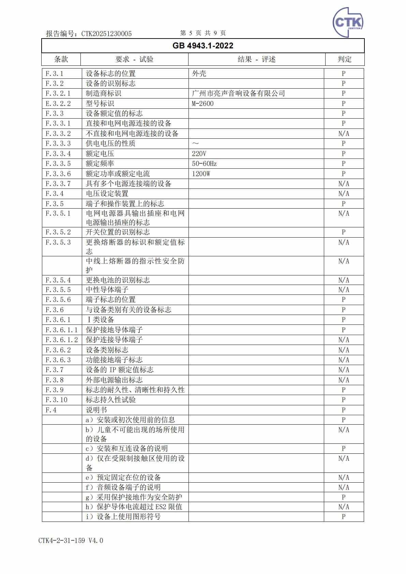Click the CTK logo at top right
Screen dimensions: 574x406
[347, 22]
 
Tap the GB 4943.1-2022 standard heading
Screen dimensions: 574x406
[203, 46]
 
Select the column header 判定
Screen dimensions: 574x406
[344, 59]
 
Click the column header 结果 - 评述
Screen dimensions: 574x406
[256, 59]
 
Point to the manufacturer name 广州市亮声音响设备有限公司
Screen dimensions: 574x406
[238, 93]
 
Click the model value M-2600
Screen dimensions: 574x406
[203, 103]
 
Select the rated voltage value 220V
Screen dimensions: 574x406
[199, 154]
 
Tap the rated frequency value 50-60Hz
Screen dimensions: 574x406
[204, 164]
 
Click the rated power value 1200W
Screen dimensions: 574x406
[201, 174]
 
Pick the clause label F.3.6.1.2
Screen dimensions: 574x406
[62, 340]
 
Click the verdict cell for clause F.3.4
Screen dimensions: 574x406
[344, 194]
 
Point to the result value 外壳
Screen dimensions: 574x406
[199, 74]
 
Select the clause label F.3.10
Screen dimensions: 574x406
[57, 400]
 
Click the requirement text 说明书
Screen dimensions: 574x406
[96, 410]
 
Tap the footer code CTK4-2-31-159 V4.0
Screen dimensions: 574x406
[71, 541]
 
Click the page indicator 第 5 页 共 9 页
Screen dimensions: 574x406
[203, 33]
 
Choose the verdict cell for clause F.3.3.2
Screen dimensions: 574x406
[344, 134]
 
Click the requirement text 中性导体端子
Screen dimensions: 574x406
[107, 290]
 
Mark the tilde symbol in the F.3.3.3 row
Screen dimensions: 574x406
[196, 144]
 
